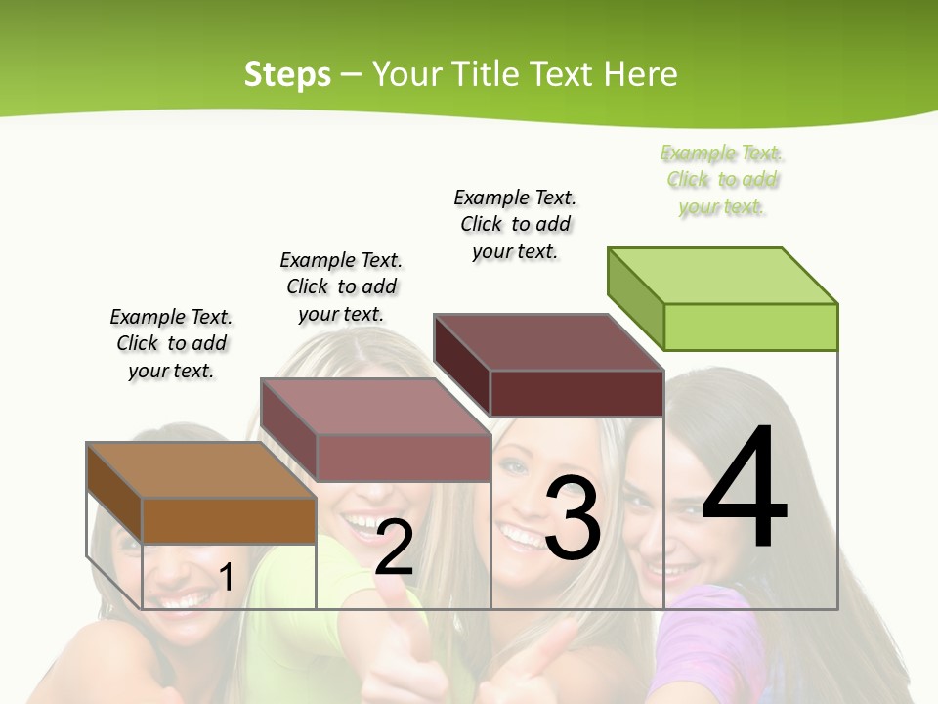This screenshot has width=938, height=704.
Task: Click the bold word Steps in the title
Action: [x=287, y=74]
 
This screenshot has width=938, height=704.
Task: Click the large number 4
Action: [x=745, y=489]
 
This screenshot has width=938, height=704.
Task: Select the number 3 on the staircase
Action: [x=573, y=518]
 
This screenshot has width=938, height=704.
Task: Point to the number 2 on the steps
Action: [x=394, y=548]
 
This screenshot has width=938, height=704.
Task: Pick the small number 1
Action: [x=226, y=577]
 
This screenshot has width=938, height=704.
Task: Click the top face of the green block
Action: [x=721, y=275]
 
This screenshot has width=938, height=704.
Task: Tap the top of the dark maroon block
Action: [x=547, y=342]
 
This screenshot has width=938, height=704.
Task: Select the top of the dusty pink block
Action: [x=374, y=407]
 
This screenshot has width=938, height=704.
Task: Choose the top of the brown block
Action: [x=200, y=470]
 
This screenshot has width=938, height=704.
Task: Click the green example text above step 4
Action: [x=722, y=180]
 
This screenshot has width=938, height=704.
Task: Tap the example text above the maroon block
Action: [x=515, y=224]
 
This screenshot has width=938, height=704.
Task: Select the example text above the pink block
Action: [x=341, y=286]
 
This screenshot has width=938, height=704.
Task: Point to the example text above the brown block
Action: [x=171, y=343]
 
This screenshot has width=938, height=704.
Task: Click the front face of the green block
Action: [x=750, y=327]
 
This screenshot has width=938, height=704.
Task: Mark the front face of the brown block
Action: [x=229, y=520]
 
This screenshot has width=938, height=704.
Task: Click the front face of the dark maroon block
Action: [x=576, y=394]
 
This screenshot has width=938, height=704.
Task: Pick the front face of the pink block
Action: [x=403, y=458]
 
